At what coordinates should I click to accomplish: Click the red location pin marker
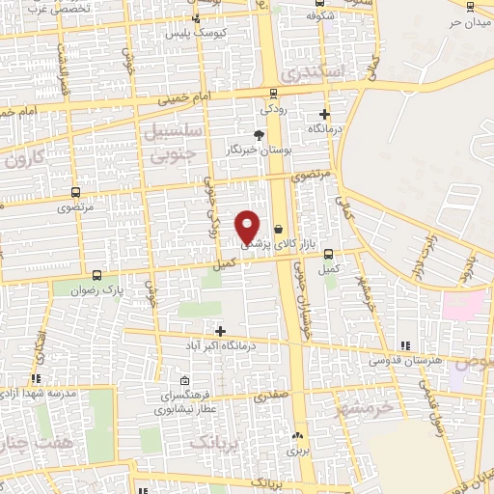pos(248,226)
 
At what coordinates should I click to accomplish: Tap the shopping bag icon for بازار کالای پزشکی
pos(279,230)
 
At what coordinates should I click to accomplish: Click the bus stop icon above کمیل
pos(329,254)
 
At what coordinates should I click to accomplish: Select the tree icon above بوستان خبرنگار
pos(259,135)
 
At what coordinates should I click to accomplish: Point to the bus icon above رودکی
pos(274,95)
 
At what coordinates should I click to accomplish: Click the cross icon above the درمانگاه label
pos(324,114)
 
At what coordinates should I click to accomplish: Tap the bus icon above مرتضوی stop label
pos(71,192)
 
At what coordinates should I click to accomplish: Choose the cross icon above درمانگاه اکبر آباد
pos(221,331)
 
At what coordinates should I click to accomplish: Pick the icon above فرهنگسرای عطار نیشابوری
pos(184,381)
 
